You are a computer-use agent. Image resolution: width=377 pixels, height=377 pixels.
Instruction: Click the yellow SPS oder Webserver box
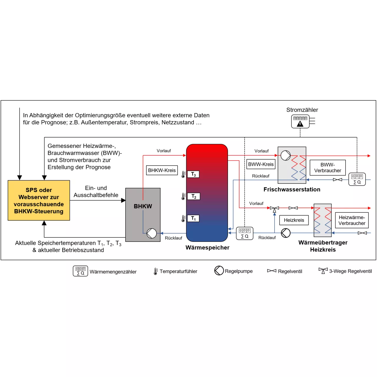[x=39, y=200]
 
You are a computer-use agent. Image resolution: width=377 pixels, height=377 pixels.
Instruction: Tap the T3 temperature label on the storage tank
[x=193, y=174]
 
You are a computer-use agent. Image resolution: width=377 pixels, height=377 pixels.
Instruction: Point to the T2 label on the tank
[x=194, y=196]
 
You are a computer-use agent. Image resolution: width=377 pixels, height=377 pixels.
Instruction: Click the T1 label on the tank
[x=193, y=218]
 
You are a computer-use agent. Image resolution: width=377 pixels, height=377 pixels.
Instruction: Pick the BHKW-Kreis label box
[x=162, y=170]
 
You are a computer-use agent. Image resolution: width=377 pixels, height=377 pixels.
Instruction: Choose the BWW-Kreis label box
[x=261, y=164]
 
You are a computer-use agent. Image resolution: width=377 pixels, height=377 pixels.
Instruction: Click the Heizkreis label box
[x=294, y=220]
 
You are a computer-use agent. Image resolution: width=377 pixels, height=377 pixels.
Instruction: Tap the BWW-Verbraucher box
[x=328, y=168]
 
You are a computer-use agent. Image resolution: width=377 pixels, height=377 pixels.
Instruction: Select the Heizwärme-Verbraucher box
[x=352, y=220]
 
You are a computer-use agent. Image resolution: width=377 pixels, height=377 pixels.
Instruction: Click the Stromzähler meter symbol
[x=300, y=121]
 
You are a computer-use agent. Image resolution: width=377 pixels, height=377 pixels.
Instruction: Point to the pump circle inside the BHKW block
[x=151, y=233]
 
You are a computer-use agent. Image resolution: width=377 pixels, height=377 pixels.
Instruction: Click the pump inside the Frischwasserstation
[x=285, y=156]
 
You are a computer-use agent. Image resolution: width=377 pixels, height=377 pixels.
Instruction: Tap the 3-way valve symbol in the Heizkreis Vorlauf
[x=274, y=209]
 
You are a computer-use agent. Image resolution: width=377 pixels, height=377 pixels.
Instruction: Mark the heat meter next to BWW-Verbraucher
[x=357, y=179]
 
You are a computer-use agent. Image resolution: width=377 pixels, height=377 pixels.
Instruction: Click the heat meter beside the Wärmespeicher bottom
[x=244, y=233]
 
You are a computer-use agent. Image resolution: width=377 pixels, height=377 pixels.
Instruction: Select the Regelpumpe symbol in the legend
[x=219, y=270]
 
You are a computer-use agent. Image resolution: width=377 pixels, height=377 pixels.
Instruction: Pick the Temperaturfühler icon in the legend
[x=156, y=271]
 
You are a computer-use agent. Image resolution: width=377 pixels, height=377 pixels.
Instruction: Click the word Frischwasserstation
[x=292, y=189]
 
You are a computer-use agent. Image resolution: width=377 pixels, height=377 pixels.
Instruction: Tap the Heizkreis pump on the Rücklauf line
[x=285, y=233]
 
